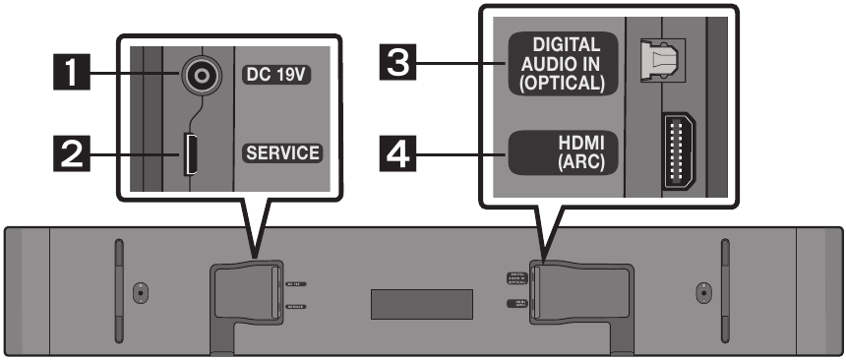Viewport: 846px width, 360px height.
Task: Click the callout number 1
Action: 72,74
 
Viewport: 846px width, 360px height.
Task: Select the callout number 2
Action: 72,152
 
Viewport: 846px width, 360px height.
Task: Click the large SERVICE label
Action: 283,153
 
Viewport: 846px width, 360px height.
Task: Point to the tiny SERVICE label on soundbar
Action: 291,307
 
